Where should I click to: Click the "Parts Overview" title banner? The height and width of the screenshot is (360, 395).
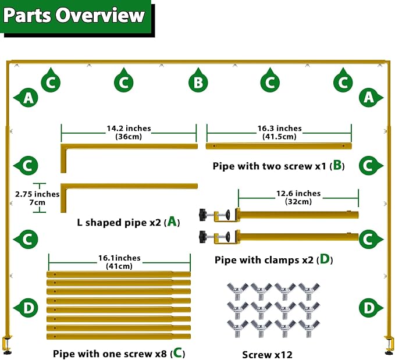(x=76, y=16)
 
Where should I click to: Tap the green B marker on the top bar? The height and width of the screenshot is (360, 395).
(x=198, y=81)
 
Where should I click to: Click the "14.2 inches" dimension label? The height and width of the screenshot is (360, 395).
(x=129, y=128)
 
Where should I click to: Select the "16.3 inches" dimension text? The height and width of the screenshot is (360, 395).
(x=279, y=128)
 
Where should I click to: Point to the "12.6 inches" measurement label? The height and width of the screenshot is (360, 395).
(x=298, y=193)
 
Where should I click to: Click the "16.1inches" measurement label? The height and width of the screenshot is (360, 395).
(x=119, y=258)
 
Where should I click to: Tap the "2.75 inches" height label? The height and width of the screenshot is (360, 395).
(x=37, y=194)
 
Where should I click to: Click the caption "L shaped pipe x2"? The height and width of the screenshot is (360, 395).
(x=119, y=222)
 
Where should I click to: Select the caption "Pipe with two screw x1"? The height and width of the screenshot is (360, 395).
(x=269, y=166)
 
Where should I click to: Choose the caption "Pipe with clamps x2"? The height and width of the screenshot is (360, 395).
(x=264, y=260)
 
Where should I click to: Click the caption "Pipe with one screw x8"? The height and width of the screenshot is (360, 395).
(x=110, y=354)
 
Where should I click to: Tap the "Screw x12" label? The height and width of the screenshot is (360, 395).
(x=267, y=355)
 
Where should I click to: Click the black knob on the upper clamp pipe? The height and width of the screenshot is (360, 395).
(x=203, y=215)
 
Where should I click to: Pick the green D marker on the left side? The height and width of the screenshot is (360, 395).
(x=26, y=308)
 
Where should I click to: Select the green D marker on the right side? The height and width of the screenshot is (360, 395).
(x=371, y=308)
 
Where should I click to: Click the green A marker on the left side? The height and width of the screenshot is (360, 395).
(x=26, y=98)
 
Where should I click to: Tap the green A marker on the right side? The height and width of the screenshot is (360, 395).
(x=371, y=98)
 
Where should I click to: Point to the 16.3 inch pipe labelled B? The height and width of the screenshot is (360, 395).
(x=279, y=146)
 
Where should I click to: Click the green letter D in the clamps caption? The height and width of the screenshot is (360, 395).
(x=325, y=259)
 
